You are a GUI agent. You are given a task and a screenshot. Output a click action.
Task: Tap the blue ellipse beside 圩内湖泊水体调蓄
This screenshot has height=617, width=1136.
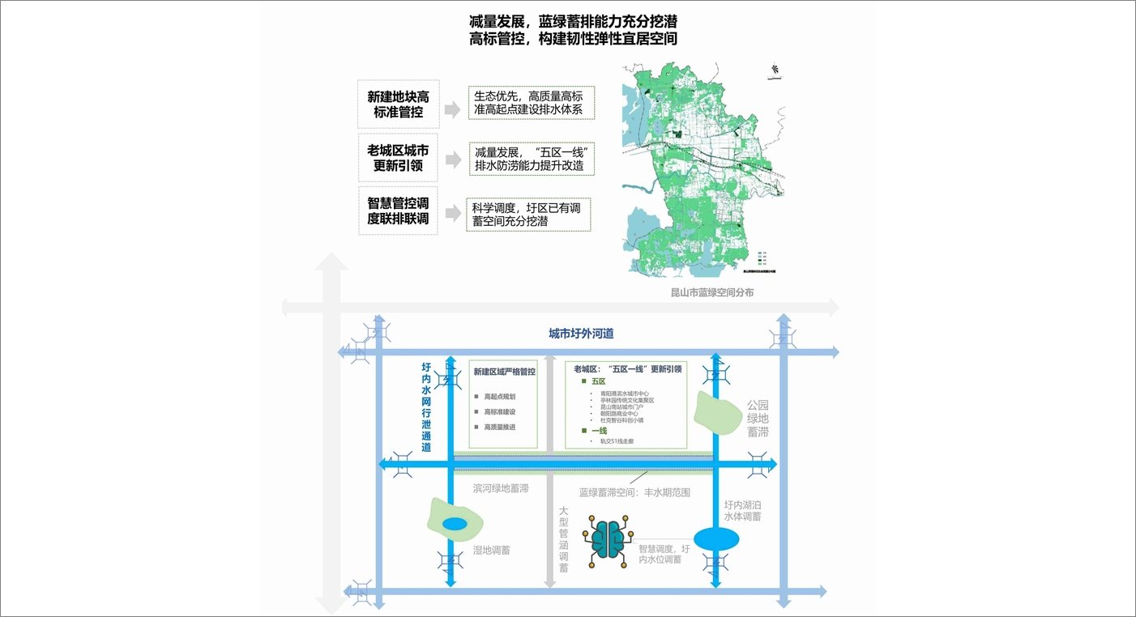click(716, 538)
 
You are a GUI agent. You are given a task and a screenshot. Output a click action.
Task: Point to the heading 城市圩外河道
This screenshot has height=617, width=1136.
click(581, 334)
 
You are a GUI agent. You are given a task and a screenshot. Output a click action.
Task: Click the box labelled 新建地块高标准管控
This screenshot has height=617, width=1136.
click(399, 104)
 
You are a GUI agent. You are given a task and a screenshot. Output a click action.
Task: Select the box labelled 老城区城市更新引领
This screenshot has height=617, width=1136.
click(398, 158)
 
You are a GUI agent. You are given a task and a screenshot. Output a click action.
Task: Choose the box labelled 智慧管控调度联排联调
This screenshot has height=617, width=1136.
click(398, 211)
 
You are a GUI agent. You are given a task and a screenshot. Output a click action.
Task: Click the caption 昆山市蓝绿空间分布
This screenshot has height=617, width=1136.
click(712, 292)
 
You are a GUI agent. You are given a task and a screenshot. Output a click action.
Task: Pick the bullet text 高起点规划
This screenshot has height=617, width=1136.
click(499, 397)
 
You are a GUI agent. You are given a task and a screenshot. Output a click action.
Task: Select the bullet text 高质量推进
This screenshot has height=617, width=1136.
click(499, 427)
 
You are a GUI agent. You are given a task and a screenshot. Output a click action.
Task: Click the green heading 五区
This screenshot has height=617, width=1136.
click(599, 381)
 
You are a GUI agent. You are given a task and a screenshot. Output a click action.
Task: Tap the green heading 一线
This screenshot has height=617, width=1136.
click(599, 431)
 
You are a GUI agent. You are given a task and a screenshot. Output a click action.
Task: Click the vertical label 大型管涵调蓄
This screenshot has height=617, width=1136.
click(564, 539)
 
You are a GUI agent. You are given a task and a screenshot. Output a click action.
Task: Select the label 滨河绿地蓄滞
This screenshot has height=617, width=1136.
click(501, 489)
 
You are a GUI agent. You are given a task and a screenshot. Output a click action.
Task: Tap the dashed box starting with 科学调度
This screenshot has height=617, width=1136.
click(528, 215)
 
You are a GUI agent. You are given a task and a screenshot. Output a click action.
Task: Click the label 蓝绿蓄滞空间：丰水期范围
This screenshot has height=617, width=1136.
click(634, 491)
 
